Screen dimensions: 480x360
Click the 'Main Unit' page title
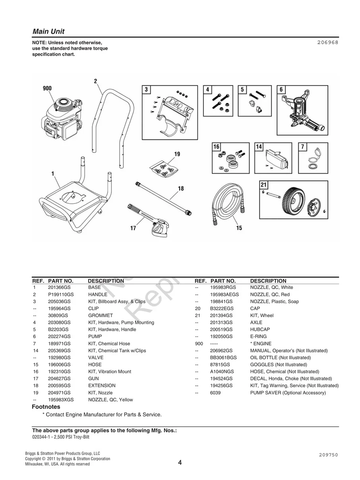48,31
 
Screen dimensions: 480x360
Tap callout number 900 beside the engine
47,88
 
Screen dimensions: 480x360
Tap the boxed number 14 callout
259,147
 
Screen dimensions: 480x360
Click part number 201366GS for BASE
59,287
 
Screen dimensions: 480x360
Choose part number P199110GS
61,294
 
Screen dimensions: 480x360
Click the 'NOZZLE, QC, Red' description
270,294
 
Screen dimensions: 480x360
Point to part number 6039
215,393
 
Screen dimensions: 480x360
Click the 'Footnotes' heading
46,407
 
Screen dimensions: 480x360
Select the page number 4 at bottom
180,463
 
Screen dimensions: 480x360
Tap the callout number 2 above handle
95,81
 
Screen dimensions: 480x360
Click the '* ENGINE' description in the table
261,344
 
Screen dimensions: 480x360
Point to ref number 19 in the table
35,393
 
